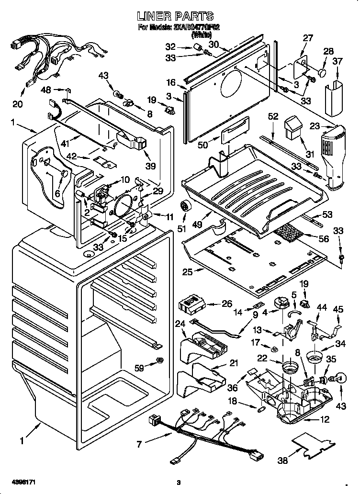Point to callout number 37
(x=337, y=61)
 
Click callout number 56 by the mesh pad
(x=324, y=238)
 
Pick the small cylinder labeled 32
(x=196, y=46)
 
